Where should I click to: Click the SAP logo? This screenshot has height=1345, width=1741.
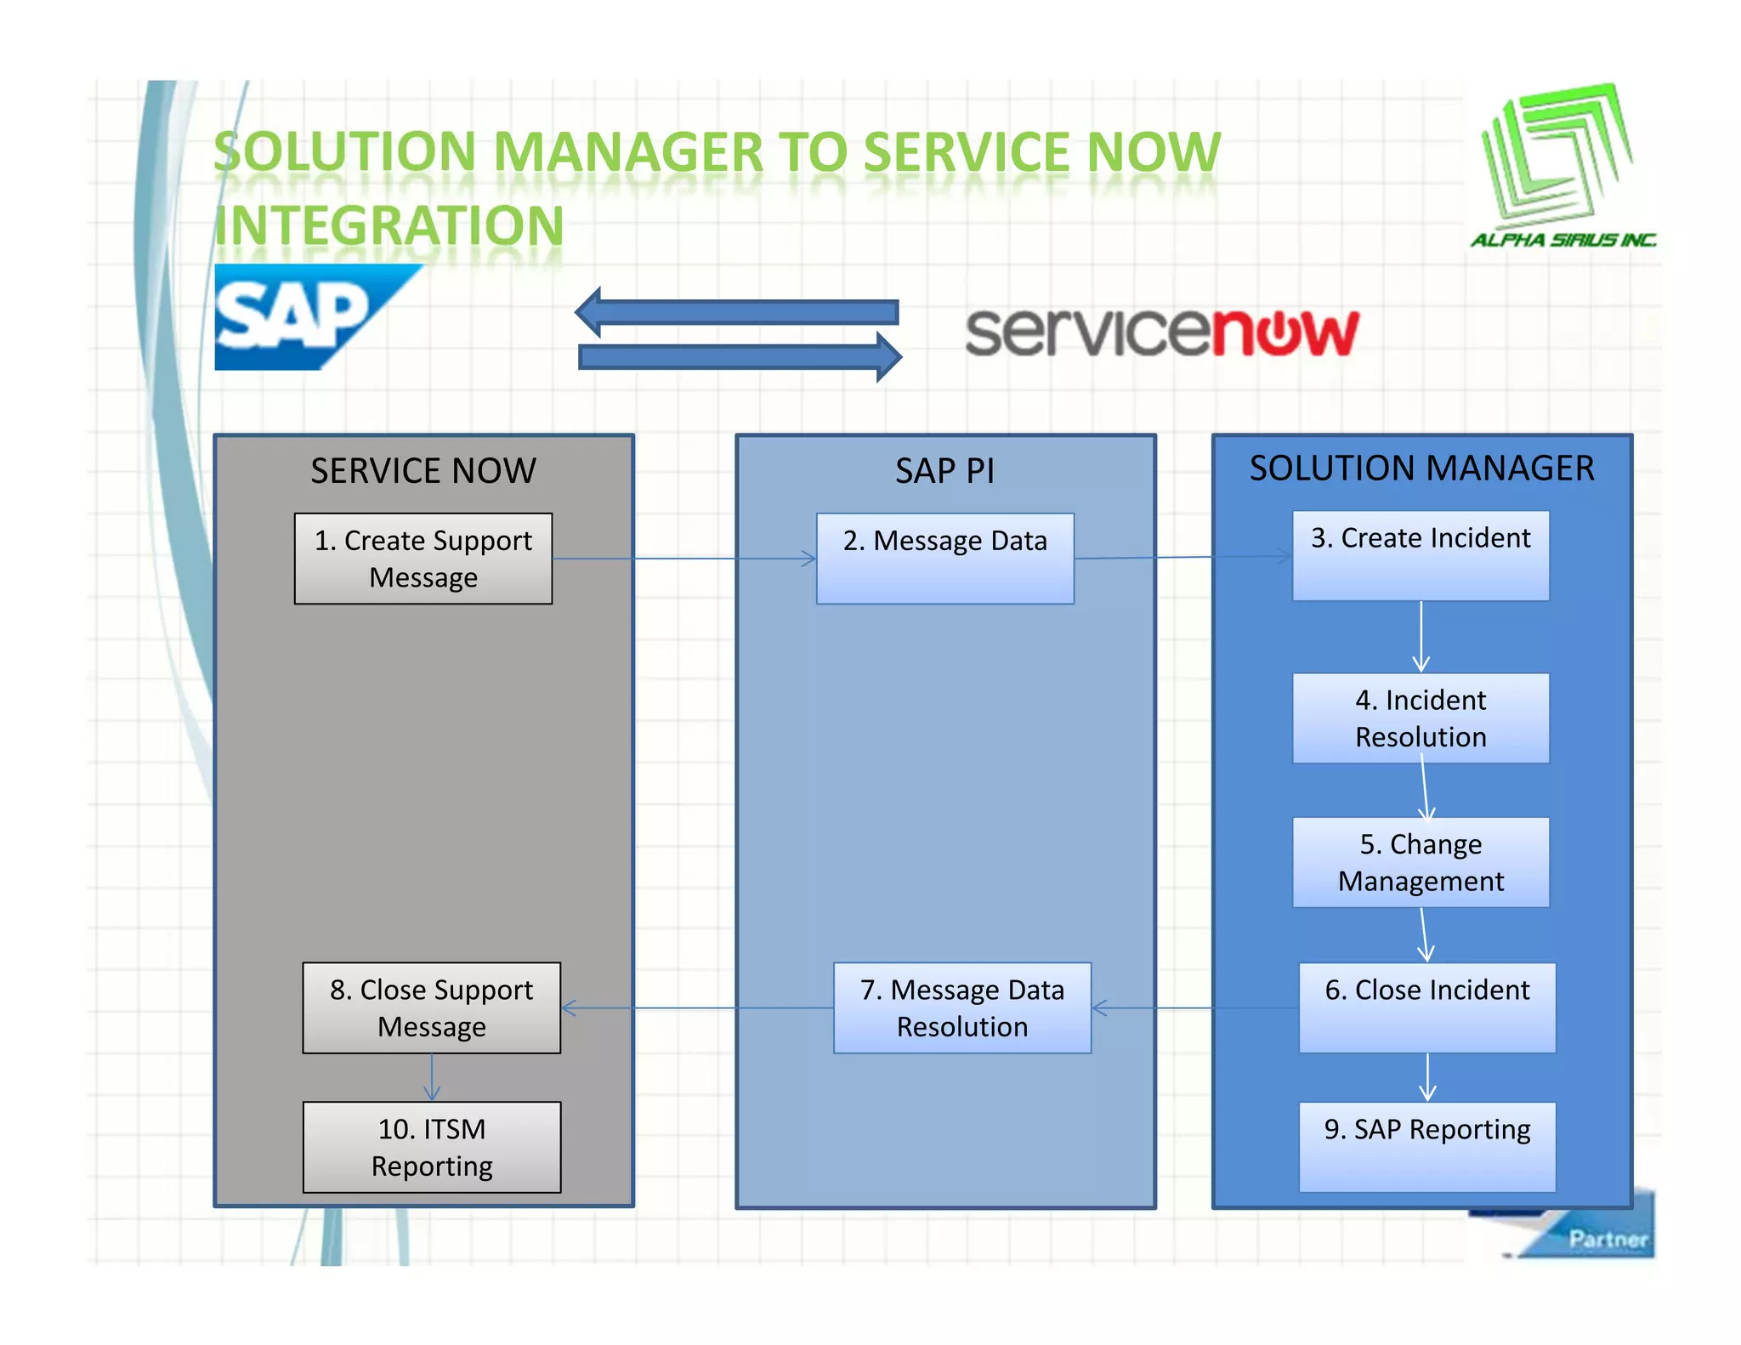point(306,317)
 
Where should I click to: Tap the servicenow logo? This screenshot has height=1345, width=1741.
point(1161,332)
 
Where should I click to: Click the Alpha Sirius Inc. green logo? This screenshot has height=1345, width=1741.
point(1561,166)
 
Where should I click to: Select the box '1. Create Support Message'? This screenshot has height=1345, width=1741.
point(422,559)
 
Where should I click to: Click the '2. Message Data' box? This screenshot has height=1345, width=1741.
point(944,559)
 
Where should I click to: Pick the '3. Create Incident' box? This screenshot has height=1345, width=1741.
point(1420,556)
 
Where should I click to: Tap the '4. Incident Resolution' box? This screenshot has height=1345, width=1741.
point(1420,718)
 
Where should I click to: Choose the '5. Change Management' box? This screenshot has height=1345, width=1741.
point(1420,862)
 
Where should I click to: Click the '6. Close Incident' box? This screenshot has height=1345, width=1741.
point(1426,1007)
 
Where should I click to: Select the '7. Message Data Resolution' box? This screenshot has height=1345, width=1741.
point(961,1007)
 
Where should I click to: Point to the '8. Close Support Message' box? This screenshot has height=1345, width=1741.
point(431,1007)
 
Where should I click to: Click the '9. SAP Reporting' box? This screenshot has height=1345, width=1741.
point(1426,1147)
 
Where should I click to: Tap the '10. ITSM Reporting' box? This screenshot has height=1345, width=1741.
point(431,1147)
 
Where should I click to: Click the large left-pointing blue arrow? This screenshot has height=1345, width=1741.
point(736,312)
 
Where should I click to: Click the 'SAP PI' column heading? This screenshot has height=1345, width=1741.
point(944,471)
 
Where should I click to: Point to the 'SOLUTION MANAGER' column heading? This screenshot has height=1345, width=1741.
point(1421,468)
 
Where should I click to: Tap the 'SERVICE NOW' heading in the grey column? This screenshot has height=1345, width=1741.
point(422,471)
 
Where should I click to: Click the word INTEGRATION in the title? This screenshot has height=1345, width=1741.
point(388,226)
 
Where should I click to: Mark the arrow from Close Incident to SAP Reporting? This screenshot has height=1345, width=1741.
point(1427,1077)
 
